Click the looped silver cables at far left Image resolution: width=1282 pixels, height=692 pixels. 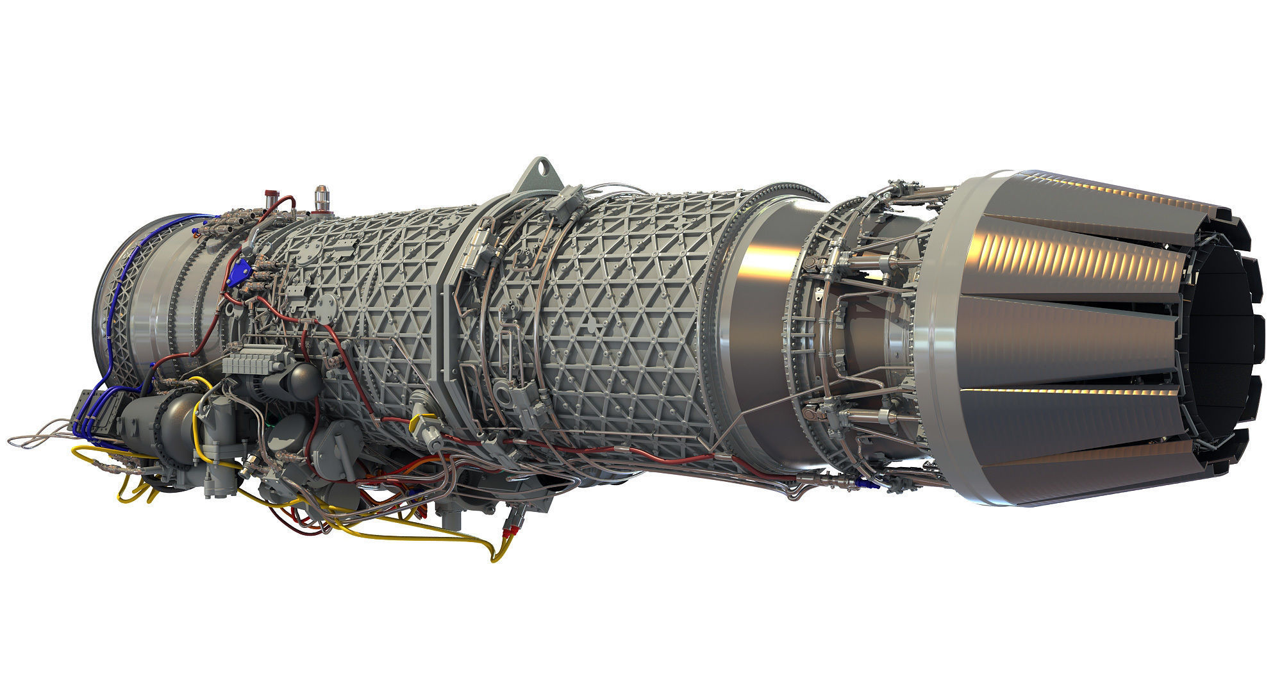click(38, 436)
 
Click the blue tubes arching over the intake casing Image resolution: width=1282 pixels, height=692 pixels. click(131, 269)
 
